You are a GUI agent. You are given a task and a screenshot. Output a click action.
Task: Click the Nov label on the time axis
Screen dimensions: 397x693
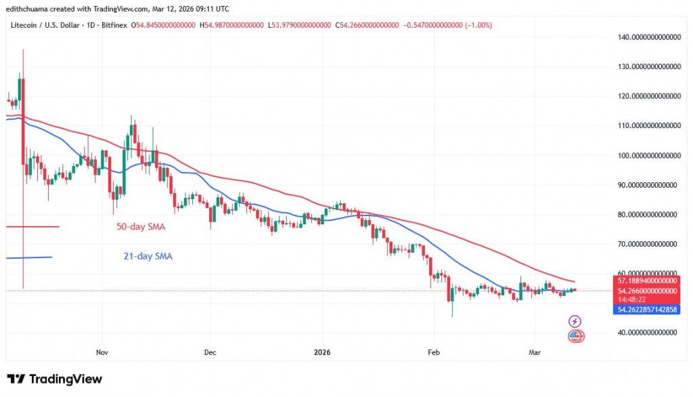102,352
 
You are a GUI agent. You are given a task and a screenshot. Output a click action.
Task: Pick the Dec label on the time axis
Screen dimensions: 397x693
210,352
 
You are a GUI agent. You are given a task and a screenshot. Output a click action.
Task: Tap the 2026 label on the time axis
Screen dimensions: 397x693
321,352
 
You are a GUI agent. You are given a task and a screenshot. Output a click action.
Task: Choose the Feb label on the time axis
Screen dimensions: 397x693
434,352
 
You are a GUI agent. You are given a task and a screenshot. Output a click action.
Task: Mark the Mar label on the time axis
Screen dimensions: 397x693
534,352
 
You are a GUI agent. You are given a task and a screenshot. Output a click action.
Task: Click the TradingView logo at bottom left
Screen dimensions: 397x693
54,379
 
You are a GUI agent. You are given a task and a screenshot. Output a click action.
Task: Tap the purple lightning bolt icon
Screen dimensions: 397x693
575,321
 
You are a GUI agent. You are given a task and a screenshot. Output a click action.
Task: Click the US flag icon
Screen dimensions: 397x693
575,335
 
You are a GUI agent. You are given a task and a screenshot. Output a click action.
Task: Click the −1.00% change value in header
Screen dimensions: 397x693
476,25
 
